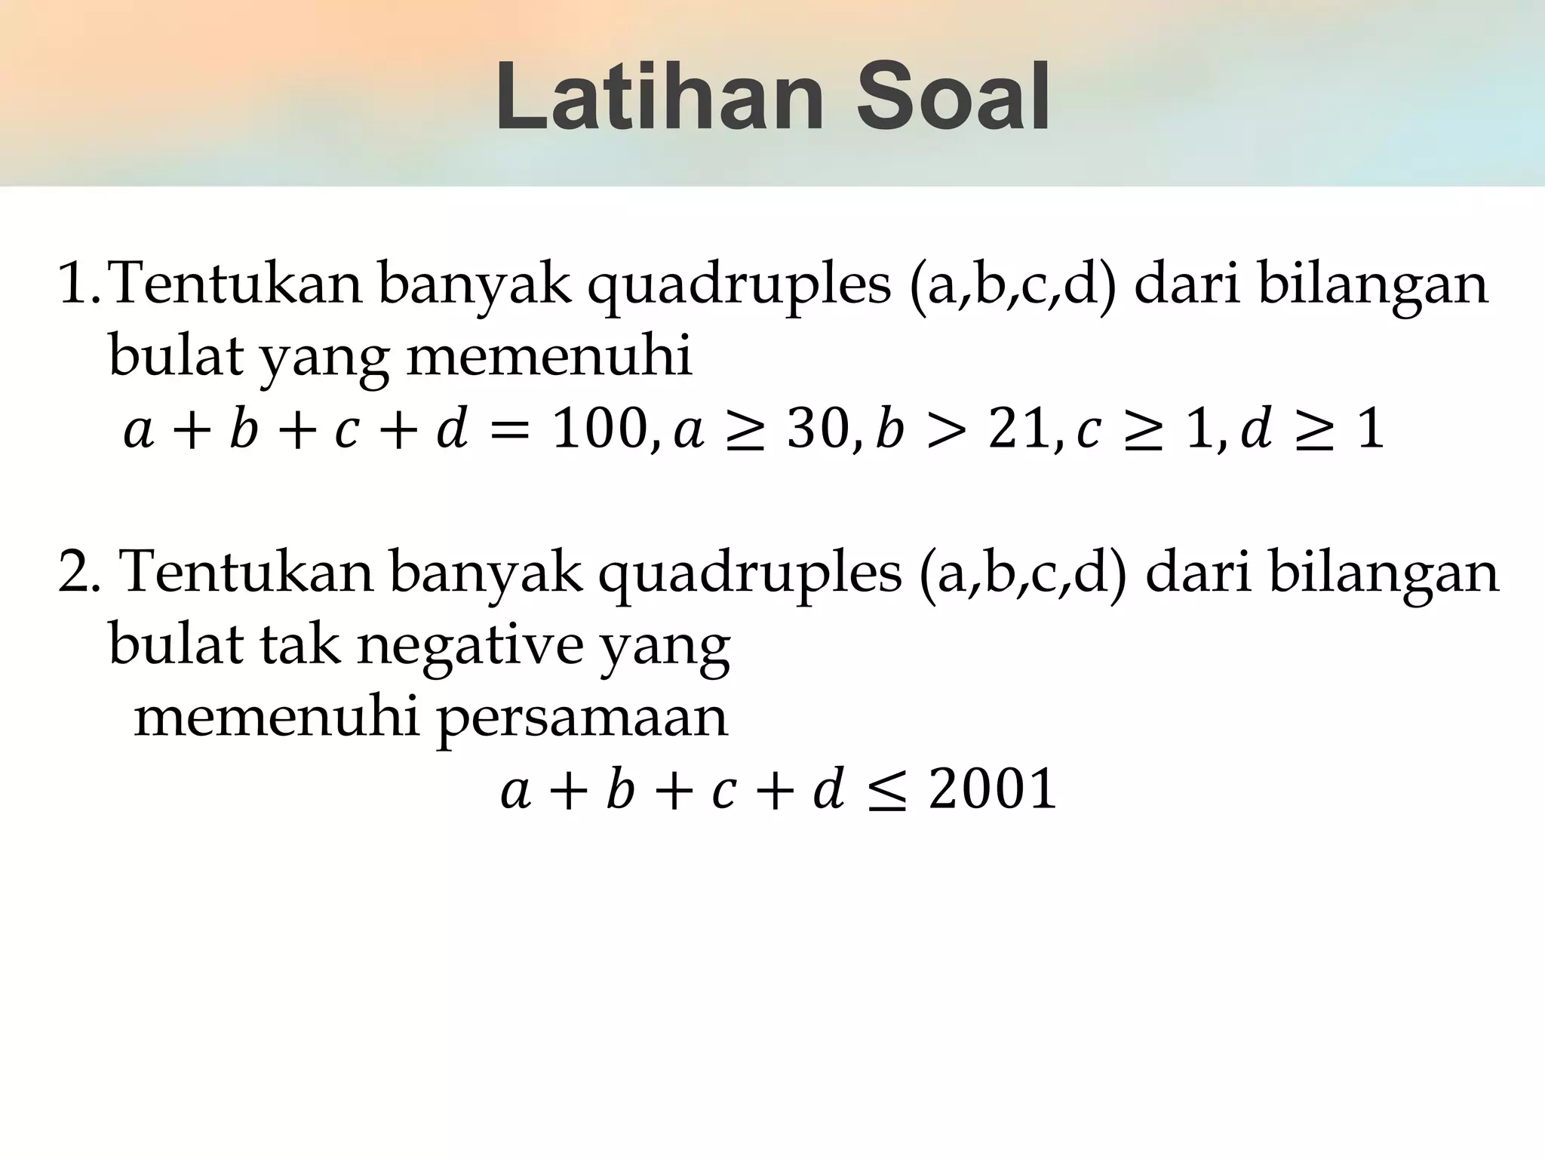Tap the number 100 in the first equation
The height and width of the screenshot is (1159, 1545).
pos(596,430)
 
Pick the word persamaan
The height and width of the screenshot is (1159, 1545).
pos(582,718)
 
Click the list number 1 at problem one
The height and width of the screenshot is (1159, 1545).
pos(75,284)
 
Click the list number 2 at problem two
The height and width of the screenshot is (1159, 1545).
pos(75,572)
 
